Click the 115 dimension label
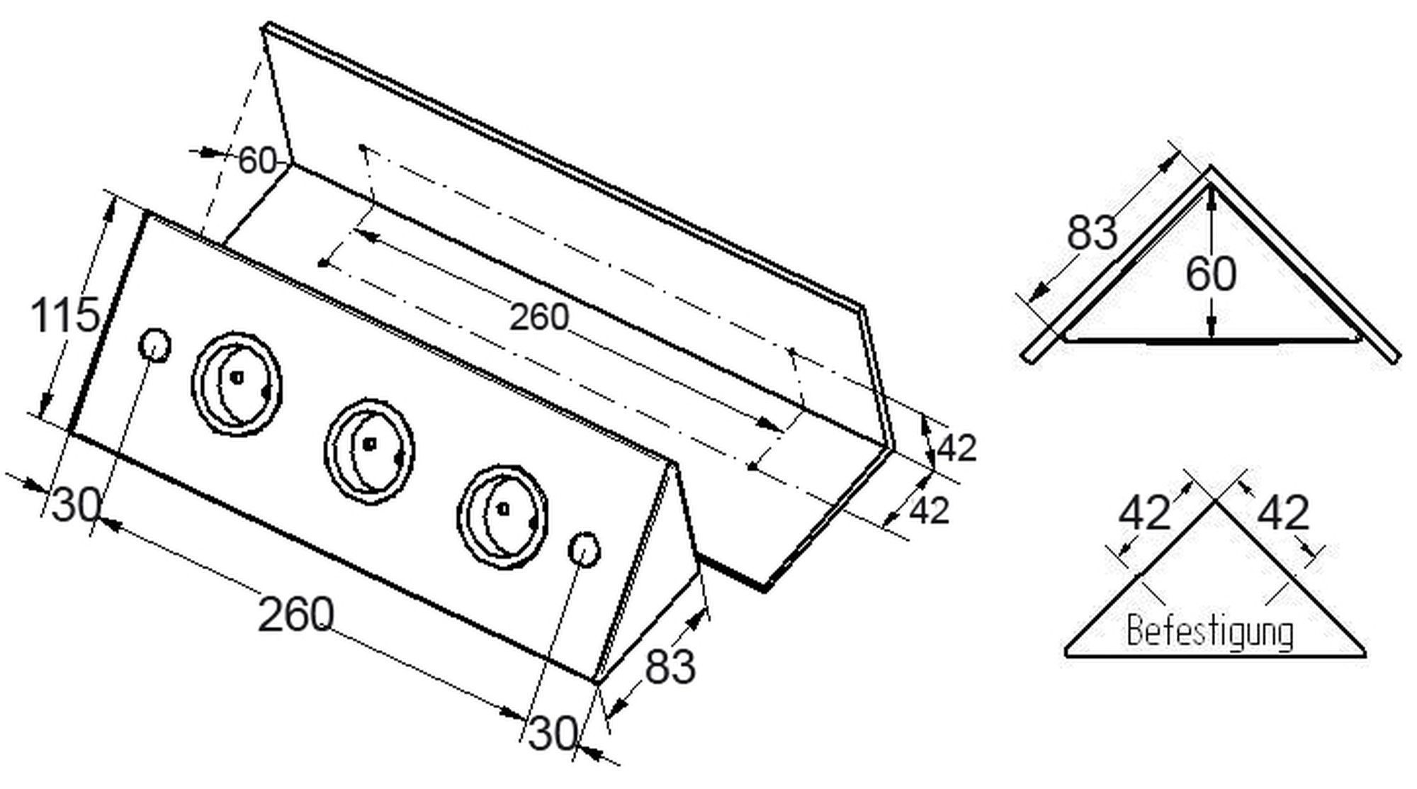[64, 315]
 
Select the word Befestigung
[1210, 632]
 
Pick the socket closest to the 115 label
[237, 382]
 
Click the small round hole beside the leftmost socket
[154, 345]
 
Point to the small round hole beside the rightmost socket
[585, 550]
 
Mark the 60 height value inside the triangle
[1211, 274]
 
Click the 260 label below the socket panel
[295, 614]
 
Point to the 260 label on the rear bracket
[539, 317]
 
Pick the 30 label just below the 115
[77, 505]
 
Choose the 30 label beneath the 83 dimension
[553, 733]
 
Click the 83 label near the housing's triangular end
[670, 666]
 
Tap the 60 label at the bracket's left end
[256, 160]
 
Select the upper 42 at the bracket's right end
[957, 448]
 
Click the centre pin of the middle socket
[368, 444]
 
